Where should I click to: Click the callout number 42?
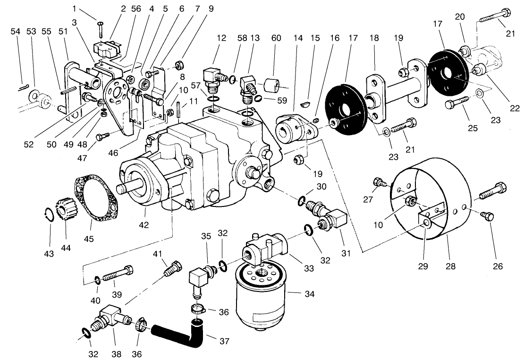[x=144, y=225]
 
